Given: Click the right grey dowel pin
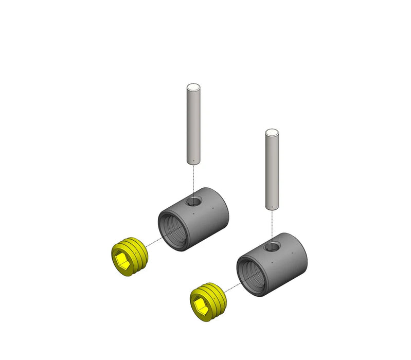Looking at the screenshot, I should (x=272, y=170).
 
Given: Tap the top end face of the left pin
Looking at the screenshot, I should (x=193, y=87).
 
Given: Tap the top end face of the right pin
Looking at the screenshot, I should (x=272, y=132).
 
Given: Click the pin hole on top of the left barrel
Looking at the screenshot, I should (x=194, y=201).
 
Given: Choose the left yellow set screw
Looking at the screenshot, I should (x=130, y=257).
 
